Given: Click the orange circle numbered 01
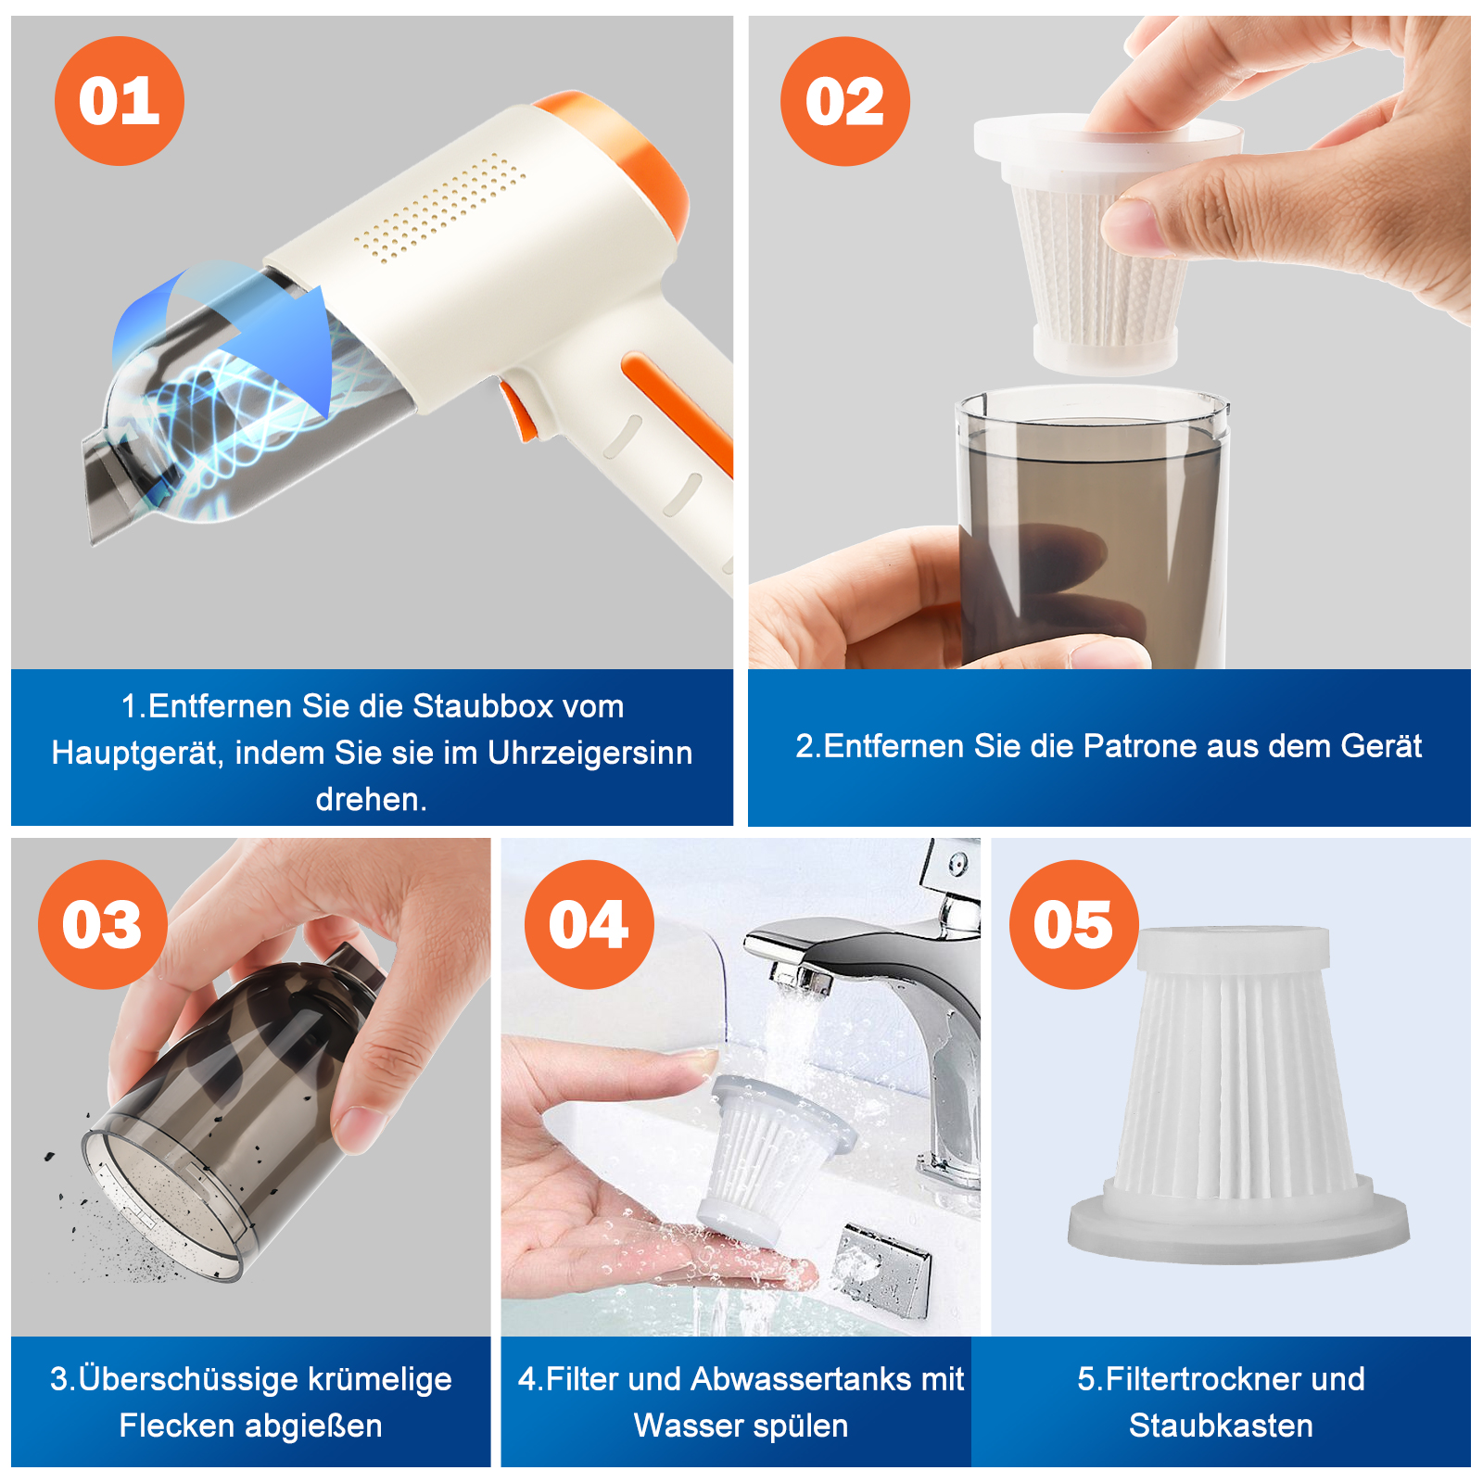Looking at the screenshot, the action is (120, 101).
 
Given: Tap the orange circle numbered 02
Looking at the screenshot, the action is (845, 101).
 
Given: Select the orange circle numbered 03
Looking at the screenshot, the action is (103, 924).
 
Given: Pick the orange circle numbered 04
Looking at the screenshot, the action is (589, 924).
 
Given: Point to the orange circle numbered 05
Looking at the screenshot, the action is (1074, 924).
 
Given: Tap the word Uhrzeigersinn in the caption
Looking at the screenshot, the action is (590, 754).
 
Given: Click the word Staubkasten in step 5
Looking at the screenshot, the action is (1221, 1426).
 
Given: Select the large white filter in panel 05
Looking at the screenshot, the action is (1239, 1094).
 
